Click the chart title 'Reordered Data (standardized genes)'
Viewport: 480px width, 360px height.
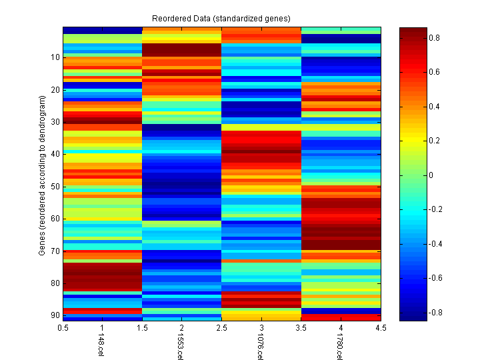[x=221, y=17]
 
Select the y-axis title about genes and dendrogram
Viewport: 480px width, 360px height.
[x=42, y=175]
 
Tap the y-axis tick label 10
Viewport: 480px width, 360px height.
[x=55, y=57]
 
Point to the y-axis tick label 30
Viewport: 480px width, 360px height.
[x=55, y=122]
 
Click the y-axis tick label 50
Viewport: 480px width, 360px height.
[x=55, y=186]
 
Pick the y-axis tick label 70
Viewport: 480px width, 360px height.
[x=55, y=251]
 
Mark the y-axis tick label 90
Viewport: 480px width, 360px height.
[x=55, y=315]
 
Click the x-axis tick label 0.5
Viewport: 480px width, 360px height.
[x=63, y=328]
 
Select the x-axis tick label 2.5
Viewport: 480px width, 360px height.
[x=222, y=328]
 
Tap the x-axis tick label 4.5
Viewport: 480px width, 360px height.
[x=381, y=328]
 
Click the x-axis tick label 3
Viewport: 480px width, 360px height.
[x=261, y=328]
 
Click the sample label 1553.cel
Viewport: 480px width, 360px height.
[x=181, y=347]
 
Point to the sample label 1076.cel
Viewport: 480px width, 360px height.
[x=260, y=347]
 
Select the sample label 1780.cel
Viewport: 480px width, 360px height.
[x=339, y=347]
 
